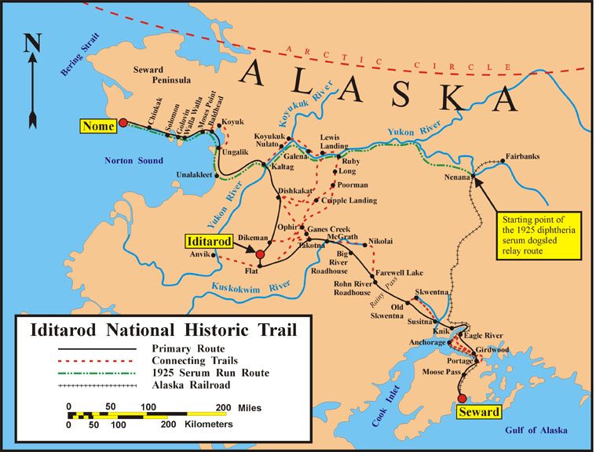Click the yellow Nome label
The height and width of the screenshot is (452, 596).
pyautogui.click(x=99, y=126)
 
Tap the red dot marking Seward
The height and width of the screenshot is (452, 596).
pyautogui.click(x=462, y=398)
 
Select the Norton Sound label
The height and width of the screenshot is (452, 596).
pyautogui.click(x=133, y=161)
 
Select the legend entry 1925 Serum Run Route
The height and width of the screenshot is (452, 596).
pyautogui.click(x=209, y=373)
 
